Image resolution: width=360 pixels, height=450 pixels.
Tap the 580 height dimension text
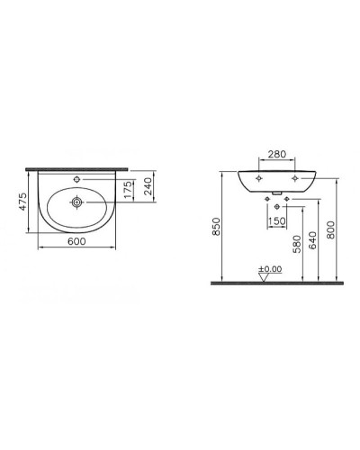click(x=296, y=246)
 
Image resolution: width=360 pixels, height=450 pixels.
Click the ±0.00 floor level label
click(x=268, y=269)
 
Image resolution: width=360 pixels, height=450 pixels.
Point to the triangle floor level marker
click(x=265, y=278)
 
